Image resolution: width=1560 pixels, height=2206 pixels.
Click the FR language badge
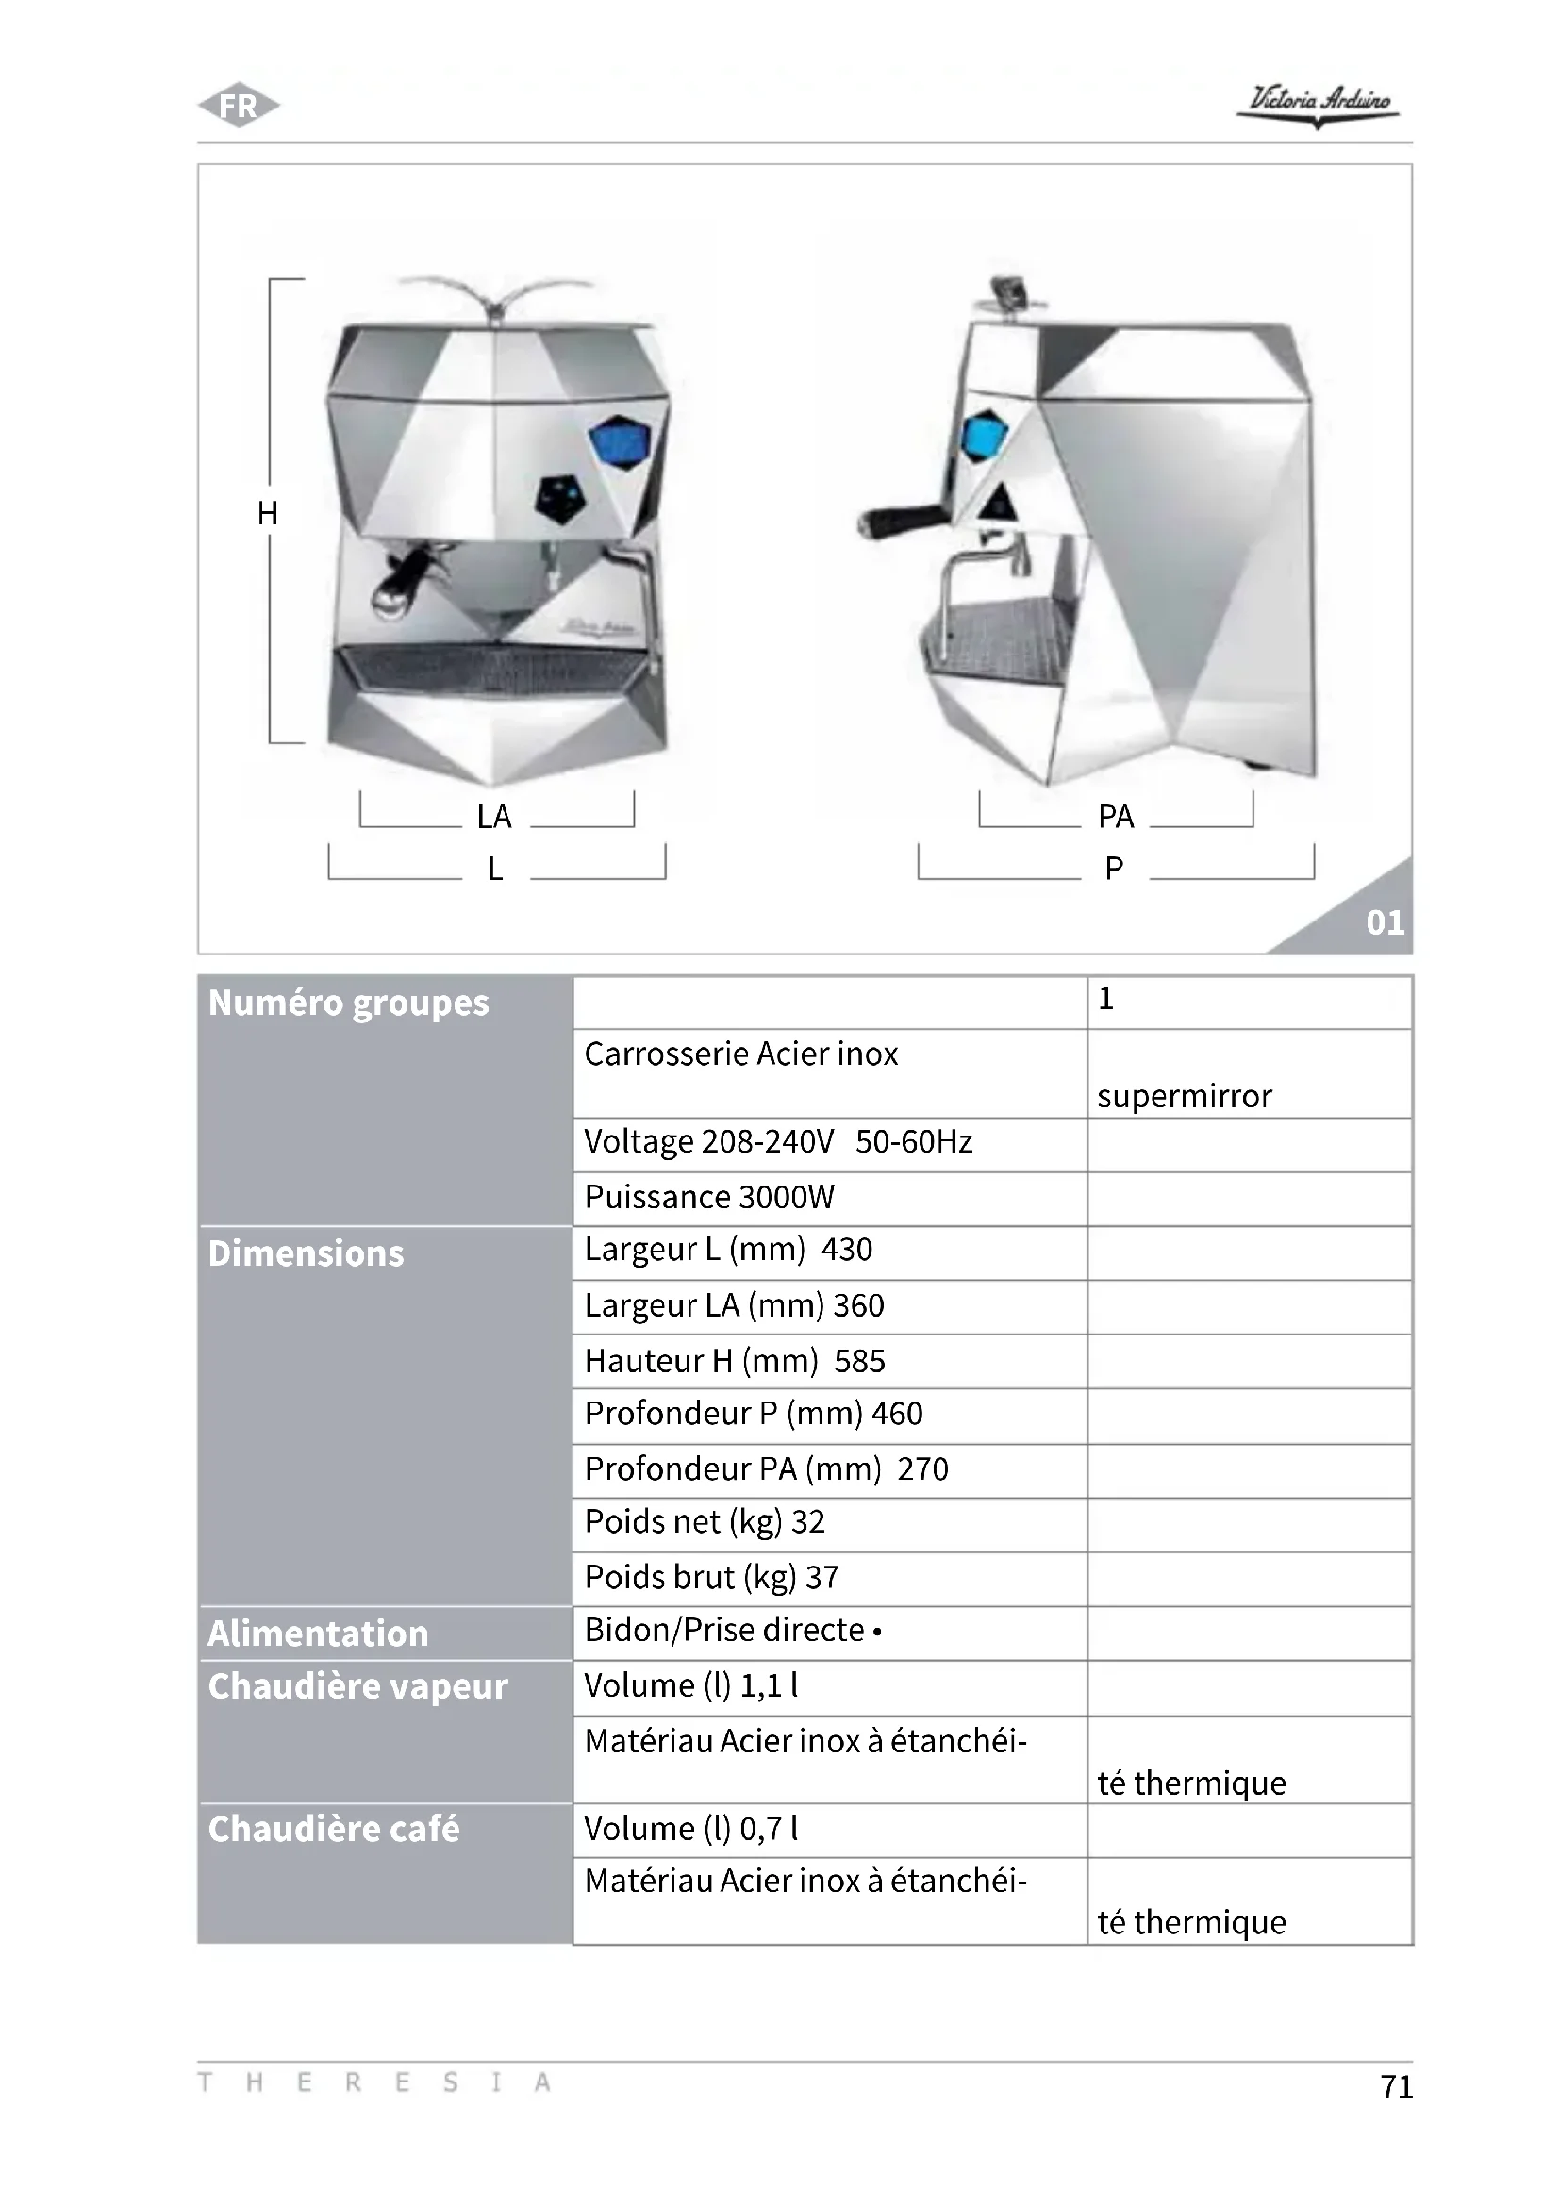click(239, 105)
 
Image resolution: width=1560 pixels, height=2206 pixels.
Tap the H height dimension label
click(268, 513)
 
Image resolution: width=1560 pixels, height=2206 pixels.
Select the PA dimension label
click(1115, 817)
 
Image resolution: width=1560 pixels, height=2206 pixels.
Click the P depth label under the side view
click(1113, 868)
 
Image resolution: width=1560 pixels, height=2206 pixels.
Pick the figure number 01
click(1385, 922)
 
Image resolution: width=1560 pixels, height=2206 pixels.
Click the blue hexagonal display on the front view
click(621, 442)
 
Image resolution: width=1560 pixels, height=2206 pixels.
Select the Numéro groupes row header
click(349, 1003)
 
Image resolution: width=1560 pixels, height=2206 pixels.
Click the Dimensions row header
click(307, 1253)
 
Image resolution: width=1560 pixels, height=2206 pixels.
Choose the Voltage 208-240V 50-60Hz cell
click(778, 1141)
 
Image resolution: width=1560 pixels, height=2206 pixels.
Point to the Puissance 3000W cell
click(710, 1197)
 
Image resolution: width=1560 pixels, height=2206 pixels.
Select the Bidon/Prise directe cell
click(732, 1631)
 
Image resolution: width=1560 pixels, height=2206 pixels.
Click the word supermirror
click(1185, 1096)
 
